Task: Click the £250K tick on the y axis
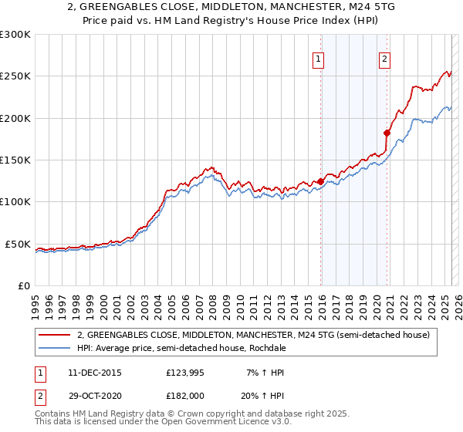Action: tap(15, 76)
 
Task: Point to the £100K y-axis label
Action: tap(15, 202)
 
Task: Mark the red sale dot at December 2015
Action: tap(320, 182)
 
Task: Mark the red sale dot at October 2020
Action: tap(387, 133)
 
